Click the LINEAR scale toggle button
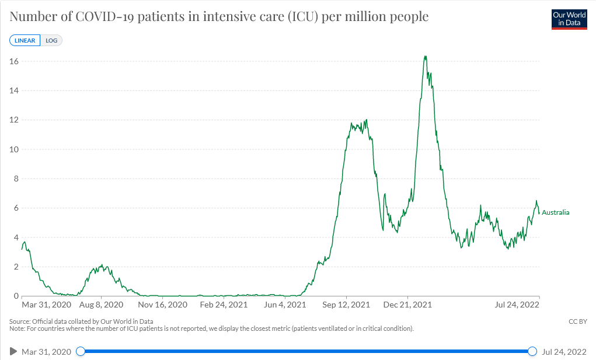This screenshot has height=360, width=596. pos(25,41)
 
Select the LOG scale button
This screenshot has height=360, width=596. pos(51,41)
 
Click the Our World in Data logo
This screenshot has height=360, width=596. pos(569,19)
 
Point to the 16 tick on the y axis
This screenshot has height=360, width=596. pos(14,61)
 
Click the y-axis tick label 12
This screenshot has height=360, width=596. pos(14,120)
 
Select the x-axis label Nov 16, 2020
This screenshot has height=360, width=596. pos(163,305)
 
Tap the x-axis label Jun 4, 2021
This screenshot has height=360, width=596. pos(285,305)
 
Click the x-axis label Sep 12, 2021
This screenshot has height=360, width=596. pos(347,305)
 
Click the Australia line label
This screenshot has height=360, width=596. pos(555,212)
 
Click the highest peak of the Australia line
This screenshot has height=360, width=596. pos(425,57)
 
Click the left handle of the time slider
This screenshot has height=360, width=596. pos(81,351)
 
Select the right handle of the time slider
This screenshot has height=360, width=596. pos(532,351)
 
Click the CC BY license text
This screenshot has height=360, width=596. pos(577,321)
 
